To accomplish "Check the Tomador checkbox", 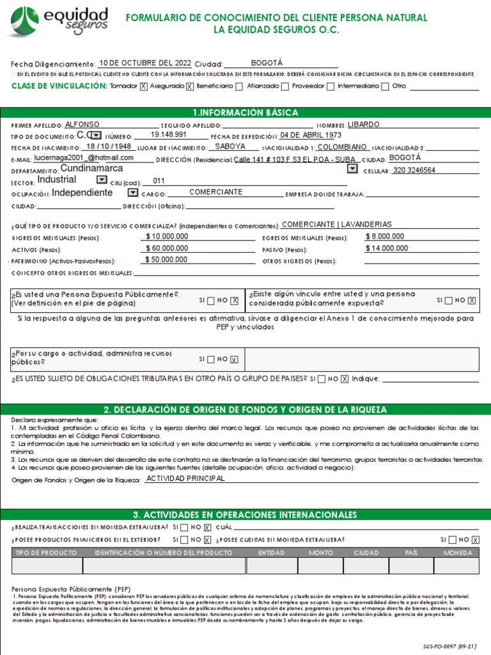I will click(143, 86).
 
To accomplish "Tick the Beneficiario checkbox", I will click(238, 86).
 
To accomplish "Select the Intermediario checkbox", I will click(385, 86).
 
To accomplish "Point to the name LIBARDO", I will click(364, 125).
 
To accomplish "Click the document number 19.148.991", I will click(169, 136).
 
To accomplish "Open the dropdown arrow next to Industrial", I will click(101, 180).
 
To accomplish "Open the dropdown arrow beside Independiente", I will click(132, 193).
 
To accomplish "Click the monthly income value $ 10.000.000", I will click(167, 237).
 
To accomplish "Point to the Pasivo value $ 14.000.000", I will click(386, 248).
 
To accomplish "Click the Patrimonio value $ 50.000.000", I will click(167, 260).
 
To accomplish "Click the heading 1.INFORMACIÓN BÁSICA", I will click(245, 113).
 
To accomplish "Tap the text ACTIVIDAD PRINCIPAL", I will click(185, 478).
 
